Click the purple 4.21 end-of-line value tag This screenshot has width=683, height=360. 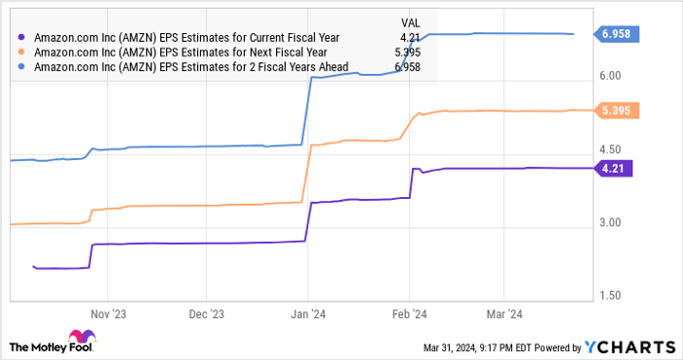(x=613, y=168)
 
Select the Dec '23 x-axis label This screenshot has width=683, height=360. (x=206, y=315)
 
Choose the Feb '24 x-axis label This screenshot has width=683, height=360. (x=409, y=315)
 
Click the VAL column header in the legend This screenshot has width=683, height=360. (x=413, y=20)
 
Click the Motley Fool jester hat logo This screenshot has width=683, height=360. (x=20, y=345)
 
